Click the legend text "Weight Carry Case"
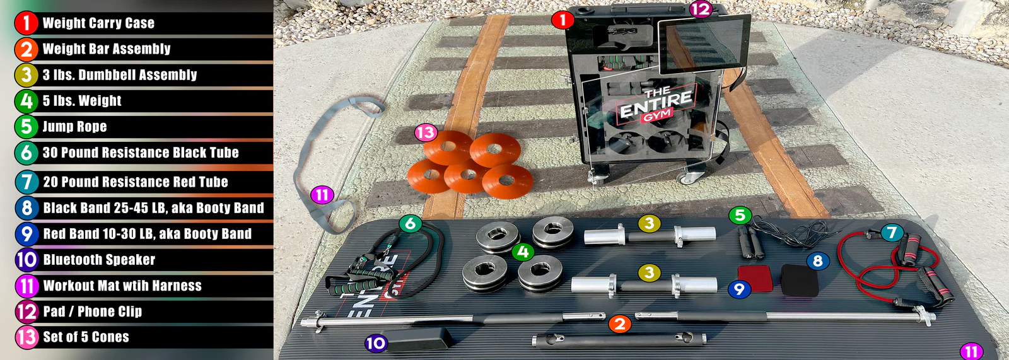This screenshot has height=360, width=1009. point(98,23)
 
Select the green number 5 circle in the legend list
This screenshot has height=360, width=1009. point(26,126)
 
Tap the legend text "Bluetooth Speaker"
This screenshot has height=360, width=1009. point(99,260)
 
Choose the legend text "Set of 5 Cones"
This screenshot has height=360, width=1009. point(86,337)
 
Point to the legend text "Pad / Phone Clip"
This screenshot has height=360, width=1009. point(92,311)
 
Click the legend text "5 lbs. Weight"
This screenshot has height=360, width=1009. point(82,101)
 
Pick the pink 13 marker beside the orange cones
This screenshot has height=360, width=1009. point(425,132)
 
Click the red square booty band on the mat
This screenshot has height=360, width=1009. point(755,277)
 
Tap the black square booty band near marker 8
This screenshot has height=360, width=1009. point(799,280)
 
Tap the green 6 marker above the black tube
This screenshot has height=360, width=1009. point(411,223)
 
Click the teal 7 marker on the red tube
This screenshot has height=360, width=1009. point(891,233)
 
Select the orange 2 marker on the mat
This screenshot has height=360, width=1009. point(620,323)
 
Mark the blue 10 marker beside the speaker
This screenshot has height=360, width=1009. point(376,343)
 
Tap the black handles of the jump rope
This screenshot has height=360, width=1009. point(750,243)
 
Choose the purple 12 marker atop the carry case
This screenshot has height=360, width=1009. point(700,9)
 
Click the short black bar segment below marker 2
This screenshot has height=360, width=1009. point(618,340)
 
